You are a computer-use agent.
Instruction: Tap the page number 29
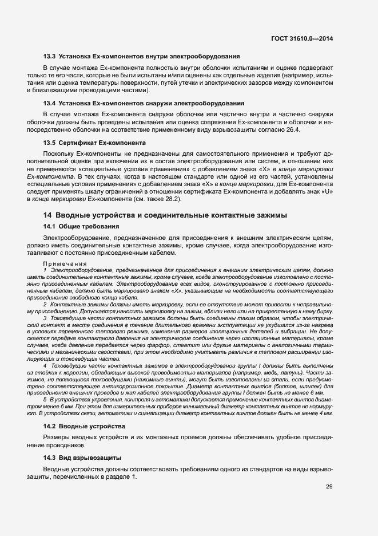329,487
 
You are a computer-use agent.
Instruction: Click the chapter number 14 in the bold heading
48,215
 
